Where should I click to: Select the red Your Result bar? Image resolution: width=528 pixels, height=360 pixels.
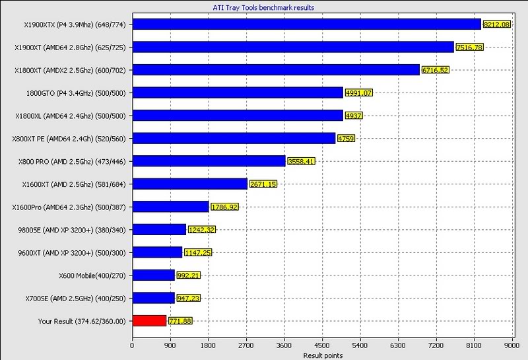click(x=149, y=321)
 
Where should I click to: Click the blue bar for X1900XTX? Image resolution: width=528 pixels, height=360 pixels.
click(x=306, y=24)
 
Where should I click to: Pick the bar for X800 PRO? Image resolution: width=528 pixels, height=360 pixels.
click(x=209, y=161)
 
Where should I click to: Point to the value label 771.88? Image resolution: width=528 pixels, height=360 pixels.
click(x=179, y=321)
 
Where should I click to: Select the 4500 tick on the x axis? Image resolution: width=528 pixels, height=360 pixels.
click(x=322, y=345)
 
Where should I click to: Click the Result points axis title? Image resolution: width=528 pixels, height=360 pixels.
click(x=322, y=355)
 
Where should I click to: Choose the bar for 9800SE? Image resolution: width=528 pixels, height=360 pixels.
click(x=159, y=229)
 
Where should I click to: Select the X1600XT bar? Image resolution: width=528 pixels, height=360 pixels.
click(x=189, y=184)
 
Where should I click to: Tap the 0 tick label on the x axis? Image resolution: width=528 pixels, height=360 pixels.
click(x=133, y=345)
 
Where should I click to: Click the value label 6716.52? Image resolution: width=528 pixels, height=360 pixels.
click(x=434, y=70)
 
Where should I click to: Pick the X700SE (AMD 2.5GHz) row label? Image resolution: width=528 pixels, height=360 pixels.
click(x=83, y=298)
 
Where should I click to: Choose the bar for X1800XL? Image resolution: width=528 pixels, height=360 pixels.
click(x=238, y=116)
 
